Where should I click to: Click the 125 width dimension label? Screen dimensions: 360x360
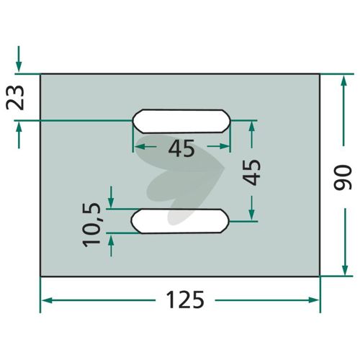[185, 300]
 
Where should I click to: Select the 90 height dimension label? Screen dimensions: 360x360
[343, 177]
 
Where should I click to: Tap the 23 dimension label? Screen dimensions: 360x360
[15, 97]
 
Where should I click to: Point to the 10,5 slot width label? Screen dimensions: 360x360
[91, 225]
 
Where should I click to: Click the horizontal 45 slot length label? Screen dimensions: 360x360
[181, 148]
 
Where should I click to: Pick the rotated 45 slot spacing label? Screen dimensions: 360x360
[251, 172]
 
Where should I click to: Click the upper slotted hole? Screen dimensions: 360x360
[181, 121]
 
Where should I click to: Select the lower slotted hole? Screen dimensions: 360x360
[180, 221]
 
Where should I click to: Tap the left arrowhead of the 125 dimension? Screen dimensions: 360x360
[47, 300]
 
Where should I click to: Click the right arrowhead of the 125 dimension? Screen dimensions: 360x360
[314, 300]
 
